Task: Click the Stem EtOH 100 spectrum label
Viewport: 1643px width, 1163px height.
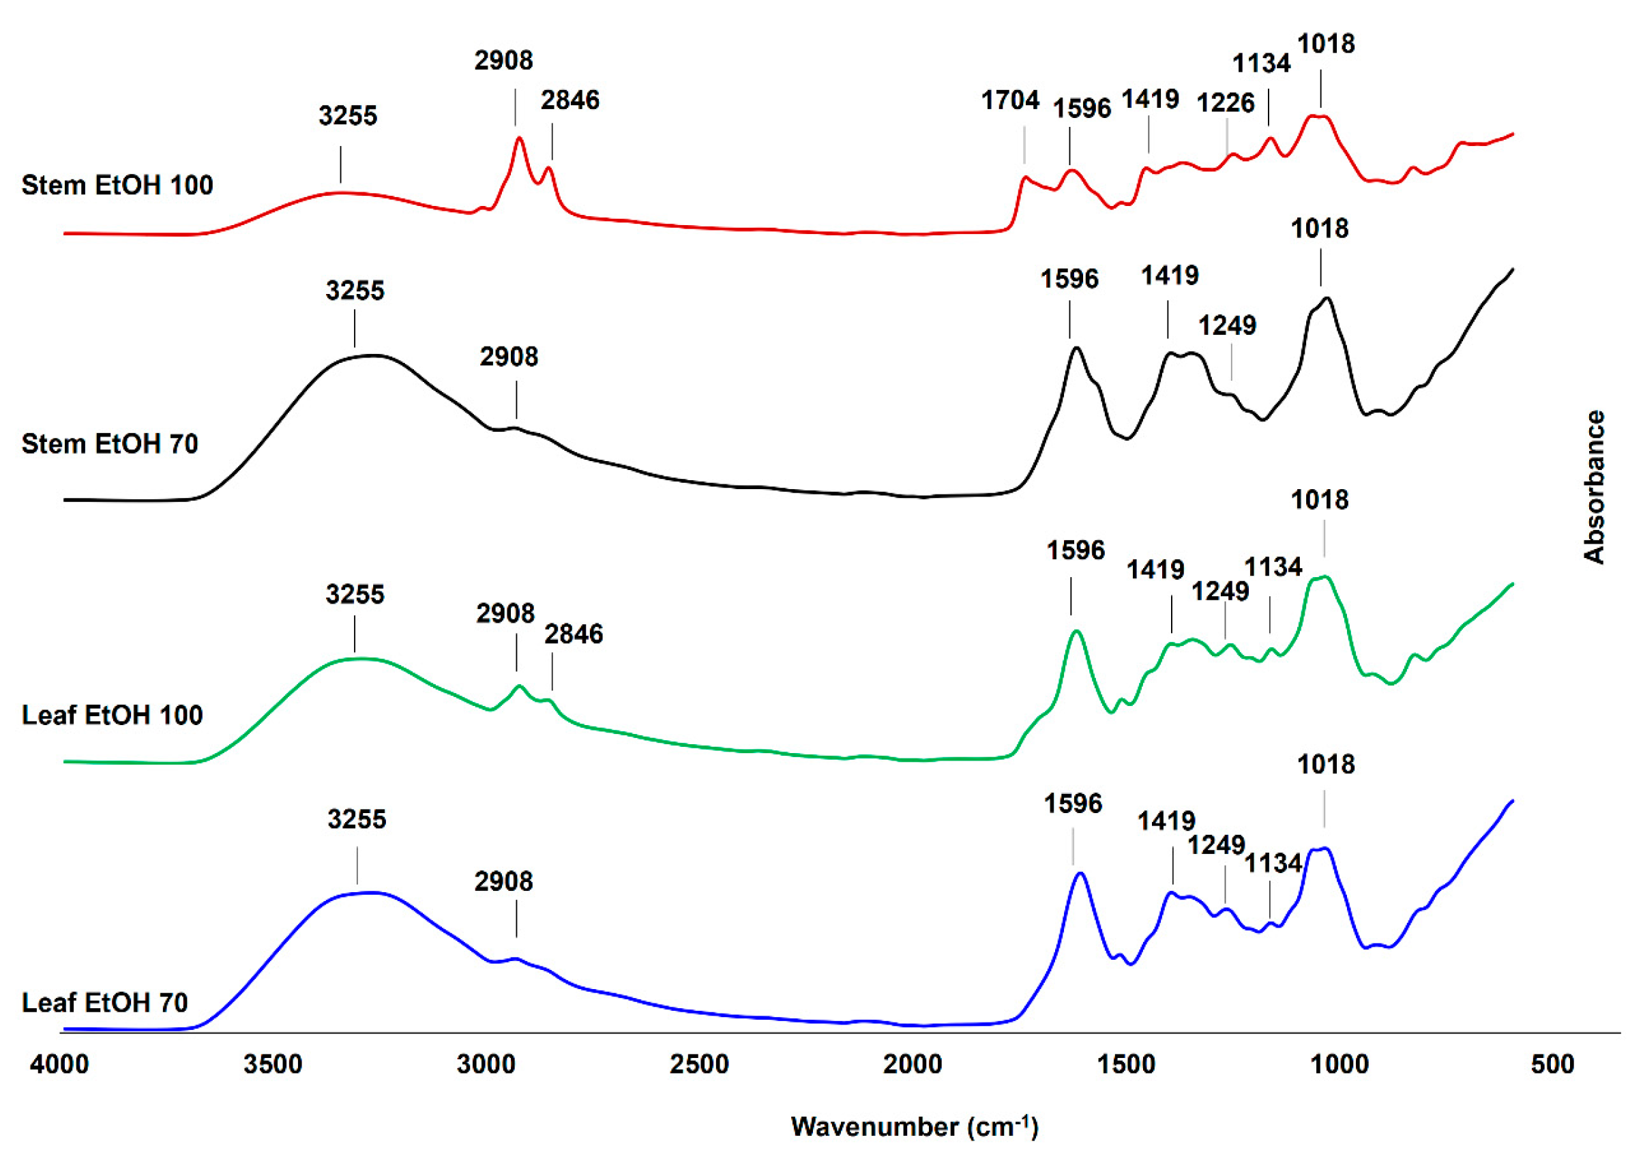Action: pos(117,186)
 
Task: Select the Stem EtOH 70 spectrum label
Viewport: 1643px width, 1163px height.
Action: pos(110,444)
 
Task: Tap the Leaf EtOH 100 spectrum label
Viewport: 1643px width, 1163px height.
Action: pos(113,715)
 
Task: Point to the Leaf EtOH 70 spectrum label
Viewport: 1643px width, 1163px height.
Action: pos(105,1003)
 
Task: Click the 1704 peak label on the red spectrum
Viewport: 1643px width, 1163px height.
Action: pos(1009,101)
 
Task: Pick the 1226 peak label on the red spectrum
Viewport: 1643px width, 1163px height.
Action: pos(1226,103)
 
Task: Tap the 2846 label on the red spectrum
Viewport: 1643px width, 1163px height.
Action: pos(570,100)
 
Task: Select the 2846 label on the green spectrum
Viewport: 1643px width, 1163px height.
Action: pos(574,634)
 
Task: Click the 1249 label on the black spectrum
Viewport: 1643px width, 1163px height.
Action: pos(1227,326)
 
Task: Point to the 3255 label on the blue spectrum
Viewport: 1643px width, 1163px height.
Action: pos(357,819)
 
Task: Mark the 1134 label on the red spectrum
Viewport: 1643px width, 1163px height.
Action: pos(1262,63)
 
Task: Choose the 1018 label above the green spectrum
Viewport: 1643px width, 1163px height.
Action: pos(1320,500)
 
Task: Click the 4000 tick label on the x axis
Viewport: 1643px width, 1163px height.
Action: pos(59,1065)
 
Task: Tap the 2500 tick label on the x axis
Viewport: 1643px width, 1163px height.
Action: pos(700,1065)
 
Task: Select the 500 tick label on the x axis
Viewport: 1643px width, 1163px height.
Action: pos(1553,1065)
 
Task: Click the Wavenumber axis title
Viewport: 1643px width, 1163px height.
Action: pos(914,1128)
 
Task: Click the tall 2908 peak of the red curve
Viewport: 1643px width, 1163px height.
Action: pos(519,138)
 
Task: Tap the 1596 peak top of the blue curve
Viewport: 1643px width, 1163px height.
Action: pos(1080,873)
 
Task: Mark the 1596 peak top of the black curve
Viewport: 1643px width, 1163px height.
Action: pos(1076,348)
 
